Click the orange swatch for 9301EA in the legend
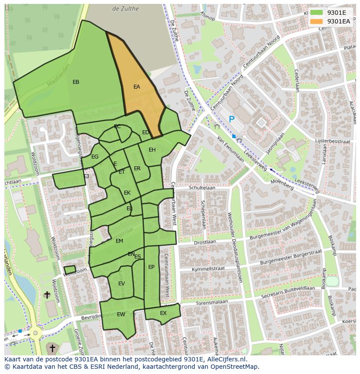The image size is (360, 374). coord(317,21)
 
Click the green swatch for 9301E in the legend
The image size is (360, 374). coord(317,13)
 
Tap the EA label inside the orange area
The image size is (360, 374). coord(137,87)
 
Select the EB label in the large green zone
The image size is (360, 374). coord(76,82)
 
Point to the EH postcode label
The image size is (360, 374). coord(152,150)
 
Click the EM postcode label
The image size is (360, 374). coord(119,241)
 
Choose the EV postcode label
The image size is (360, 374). coord(121,284)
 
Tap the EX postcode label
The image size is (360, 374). coord(163,313)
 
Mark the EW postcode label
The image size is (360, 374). coord(121,314)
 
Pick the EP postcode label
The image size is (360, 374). coord(151,267)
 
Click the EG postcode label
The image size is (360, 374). coord(95,157)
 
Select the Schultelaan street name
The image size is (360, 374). coord(202,188)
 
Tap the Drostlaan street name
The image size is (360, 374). coord(205,242)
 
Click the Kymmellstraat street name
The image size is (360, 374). coord(208,269)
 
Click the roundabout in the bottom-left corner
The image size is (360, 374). coord(33,334)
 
